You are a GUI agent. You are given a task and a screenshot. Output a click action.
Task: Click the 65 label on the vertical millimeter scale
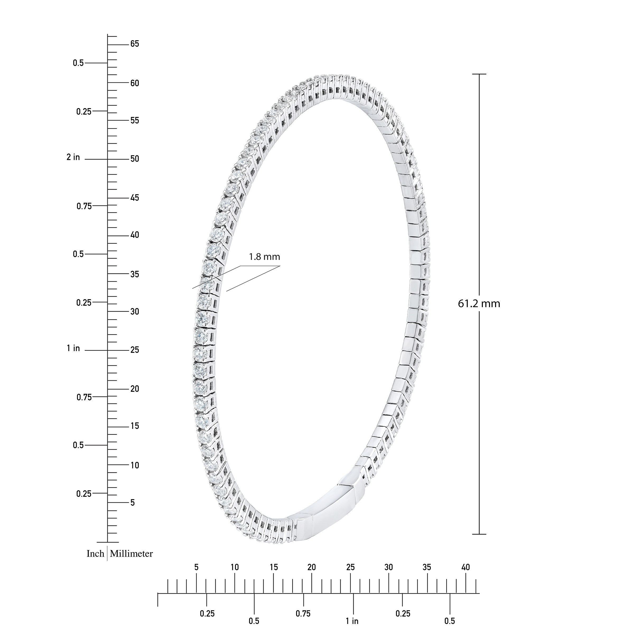(x=134, y=44)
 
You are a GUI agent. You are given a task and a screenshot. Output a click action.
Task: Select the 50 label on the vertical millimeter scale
(x=134, y=159)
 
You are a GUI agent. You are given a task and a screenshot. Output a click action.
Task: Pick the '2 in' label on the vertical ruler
(x=73, y=157)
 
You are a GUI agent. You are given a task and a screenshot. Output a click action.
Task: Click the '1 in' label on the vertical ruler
(x=73, y=348)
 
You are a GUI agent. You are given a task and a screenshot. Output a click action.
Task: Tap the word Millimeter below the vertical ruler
(x=131, y=554)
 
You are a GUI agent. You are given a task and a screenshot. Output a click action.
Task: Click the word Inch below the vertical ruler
(x=95, y=554)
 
